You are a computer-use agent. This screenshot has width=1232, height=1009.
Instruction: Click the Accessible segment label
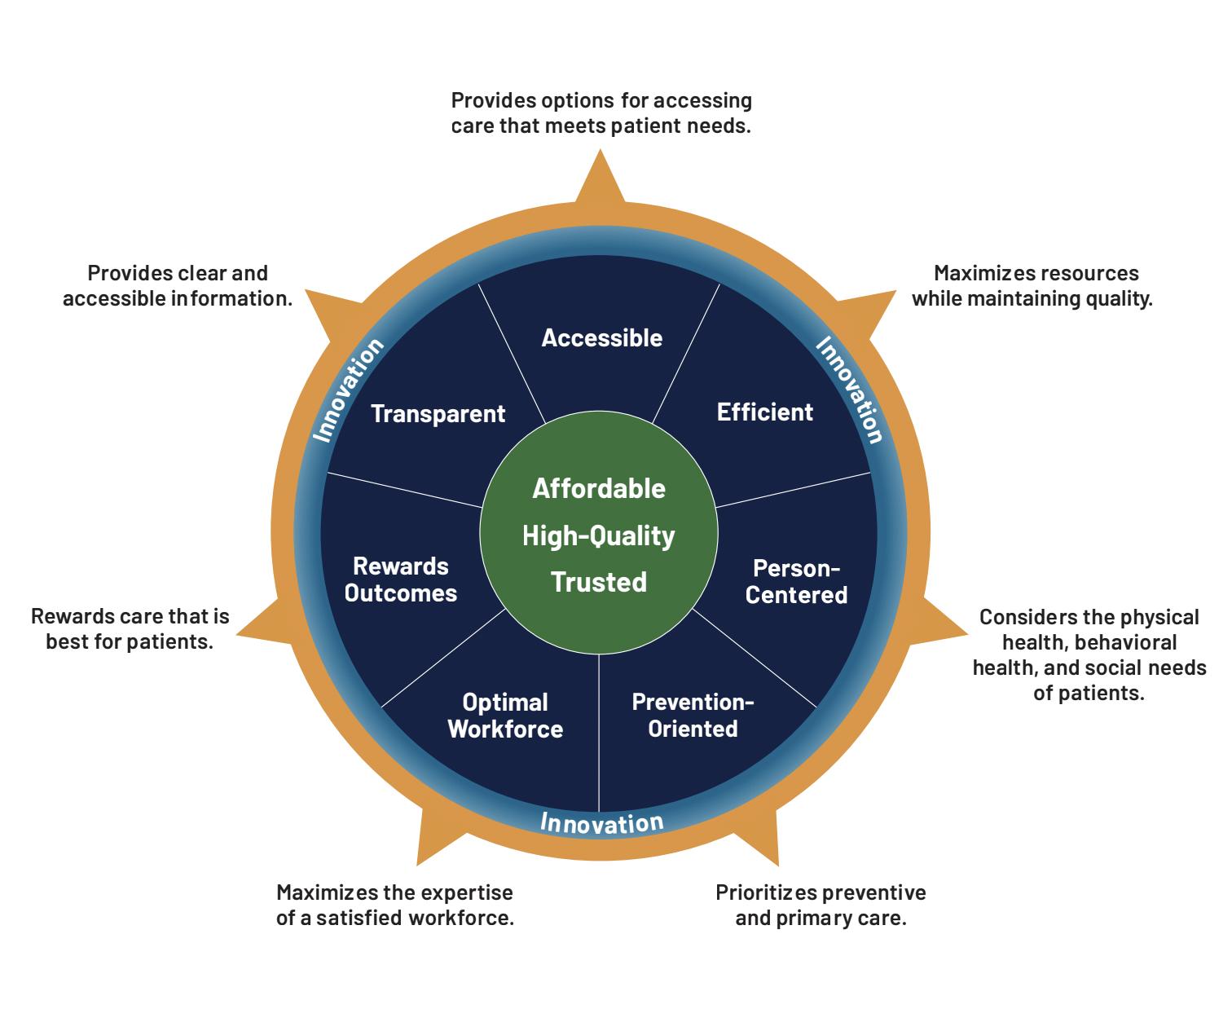pos(601,337)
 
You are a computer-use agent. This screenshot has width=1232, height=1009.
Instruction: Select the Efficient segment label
pos(764,412)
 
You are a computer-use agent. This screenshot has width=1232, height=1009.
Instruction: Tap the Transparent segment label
pos(438,413)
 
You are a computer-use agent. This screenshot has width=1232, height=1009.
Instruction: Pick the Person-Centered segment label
pos(796,581)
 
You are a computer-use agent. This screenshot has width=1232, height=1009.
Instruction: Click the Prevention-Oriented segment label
pos(693,715)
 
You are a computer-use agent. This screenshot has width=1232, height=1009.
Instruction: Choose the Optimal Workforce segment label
pos(505,715)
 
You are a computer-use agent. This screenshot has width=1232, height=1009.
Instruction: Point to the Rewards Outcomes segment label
pos(401,579)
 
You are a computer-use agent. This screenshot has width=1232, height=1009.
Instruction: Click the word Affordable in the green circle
pos(599,488)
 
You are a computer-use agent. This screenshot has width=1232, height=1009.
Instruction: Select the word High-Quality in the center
pos(599,535)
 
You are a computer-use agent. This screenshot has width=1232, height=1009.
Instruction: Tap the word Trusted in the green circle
pos(599,582)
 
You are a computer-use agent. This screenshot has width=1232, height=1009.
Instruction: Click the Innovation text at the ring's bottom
pos(601,822)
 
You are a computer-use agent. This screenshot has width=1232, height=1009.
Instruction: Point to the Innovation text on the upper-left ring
pos(348,390)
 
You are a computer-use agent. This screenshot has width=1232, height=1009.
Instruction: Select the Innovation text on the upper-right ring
pos(850,390)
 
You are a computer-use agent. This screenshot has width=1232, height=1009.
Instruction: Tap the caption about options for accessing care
pos(601,113)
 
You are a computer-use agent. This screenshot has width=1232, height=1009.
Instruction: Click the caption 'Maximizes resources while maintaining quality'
pos(1032,285)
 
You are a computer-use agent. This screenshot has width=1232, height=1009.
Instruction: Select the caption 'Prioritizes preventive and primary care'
pos(821,905)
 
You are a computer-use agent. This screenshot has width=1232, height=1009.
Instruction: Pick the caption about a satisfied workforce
pos(395,905)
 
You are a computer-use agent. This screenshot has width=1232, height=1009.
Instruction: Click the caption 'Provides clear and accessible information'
pos(178,285)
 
